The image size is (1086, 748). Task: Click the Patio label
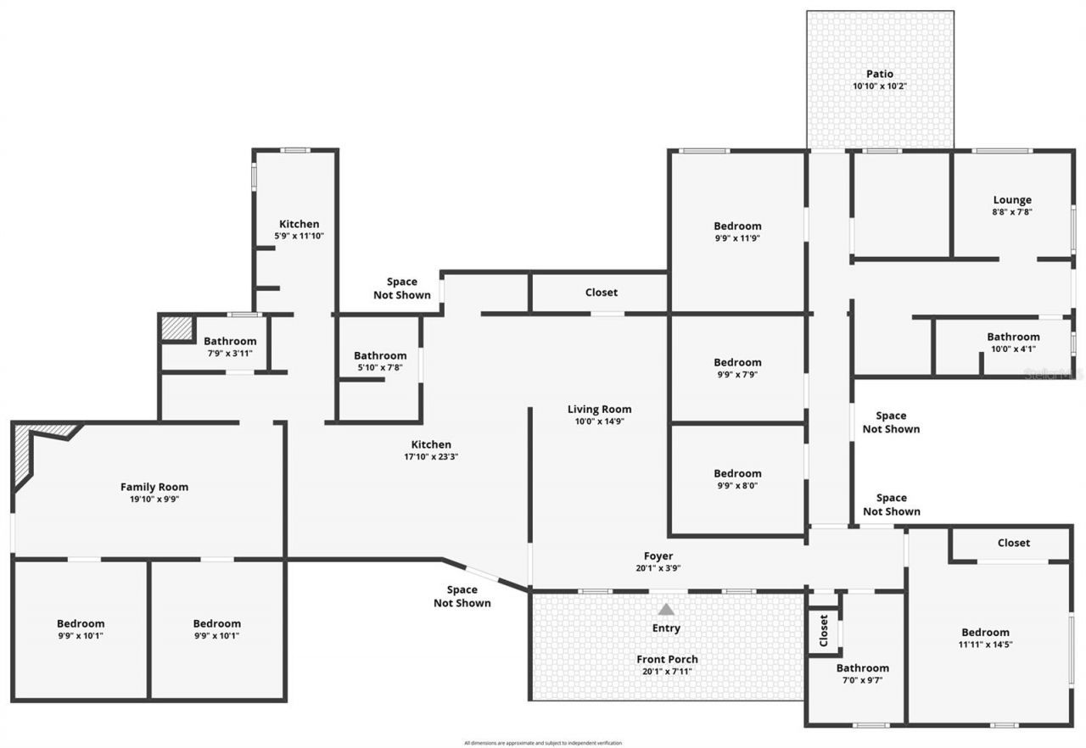pyautogui.click(x=879, y=74)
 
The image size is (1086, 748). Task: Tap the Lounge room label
pyautogui.click(x=1012, y=200)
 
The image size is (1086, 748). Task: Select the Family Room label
pyautogui.click(x=154, y=487)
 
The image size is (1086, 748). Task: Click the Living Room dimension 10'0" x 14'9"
pyautogui.click(x=599, y=421)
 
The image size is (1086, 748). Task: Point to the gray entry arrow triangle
pyautogui.click(x=667, y=609)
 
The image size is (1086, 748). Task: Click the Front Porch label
pyautogui.click(x=667, y=659)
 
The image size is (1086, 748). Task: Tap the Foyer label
pyautogui.click(x=658, y=556)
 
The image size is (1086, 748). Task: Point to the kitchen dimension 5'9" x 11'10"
pyautogui.click(x=299, y=237)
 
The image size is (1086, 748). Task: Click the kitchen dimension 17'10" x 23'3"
pyautogui.click(x=431, y=456)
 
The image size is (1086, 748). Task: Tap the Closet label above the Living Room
pyautogui.click(x=601, y=293)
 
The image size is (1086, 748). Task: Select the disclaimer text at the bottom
pyautogui.click(x=543, y=743)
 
